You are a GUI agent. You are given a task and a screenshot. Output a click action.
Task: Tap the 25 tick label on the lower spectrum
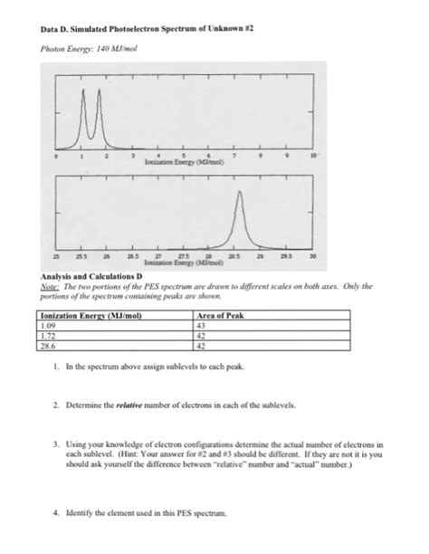click(57, 256)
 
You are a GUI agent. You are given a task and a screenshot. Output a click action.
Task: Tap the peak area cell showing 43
click(203, 324)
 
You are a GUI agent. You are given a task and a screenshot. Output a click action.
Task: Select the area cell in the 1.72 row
click(203, 335)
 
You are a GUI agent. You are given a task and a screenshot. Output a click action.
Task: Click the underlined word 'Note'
click(48, 283)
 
